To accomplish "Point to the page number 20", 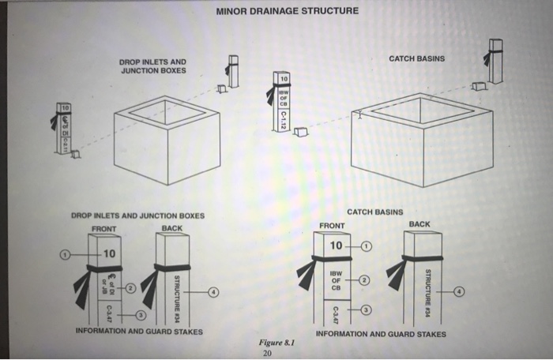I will point(267,354).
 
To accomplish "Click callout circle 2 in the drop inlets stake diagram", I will point(131,287).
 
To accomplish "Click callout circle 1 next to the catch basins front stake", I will point(365,246).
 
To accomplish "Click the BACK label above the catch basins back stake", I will point(419,224).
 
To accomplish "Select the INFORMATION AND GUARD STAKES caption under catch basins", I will point(381,334).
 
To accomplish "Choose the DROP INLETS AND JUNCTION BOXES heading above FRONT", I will point(137,216).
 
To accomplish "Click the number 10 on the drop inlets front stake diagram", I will point(108,254).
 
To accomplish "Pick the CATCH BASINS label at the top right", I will point(416,58).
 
